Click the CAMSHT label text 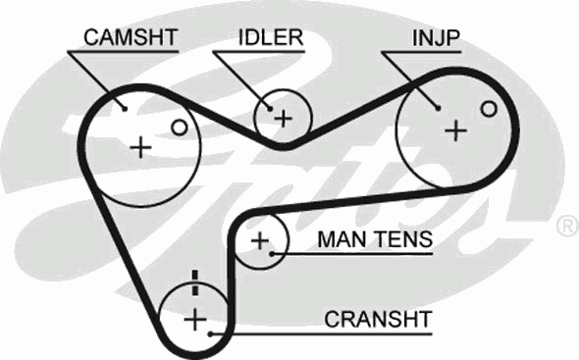(x=130, y=37)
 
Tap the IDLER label (x=269, y=37)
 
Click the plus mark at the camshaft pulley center (x=141, y=147)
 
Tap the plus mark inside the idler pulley (x=283, y=119)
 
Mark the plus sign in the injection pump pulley (x=454, y=130)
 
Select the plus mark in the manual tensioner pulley (x=260, y=240)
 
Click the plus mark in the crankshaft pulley (x=195, y=319)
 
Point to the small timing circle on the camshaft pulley (x=178, y=127)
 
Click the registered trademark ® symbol (x=566, y=227)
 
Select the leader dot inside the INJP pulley (x=436, y=106)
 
